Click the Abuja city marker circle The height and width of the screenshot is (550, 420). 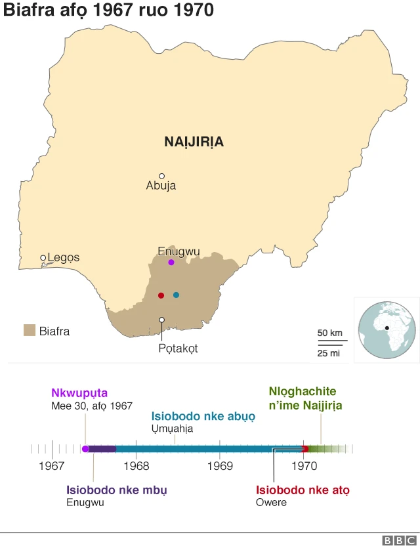tap(161, 176)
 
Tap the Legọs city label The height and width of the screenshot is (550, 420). tap(63, 257)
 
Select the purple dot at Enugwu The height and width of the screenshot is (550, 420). tap(171, 263)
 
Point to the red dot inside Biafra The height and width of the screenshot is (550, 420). tap(161, 295)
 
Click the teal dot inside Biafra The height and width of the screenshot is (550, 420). tap(176, 295)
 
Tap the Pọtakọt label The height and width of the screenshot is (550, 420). tap(178, 349)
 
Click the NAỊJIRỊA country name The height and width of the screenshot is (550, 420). tap(194, 142)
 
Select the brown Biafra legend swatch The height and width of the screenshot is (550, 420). tap(29, 330)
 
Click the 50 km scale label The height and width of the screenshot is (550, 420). tap(330, 333)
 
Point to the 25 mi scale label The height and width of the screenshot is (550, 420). tap(329, 354)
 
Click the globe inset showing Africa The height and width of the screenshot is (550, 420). tap(387, 329)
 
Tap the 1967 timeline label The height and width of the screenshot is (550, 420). tap(52, 466)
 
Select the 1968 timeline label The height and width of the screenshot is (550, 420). tap(136, 466)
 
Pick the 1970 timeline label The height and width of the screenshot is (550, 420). tap(304, 466)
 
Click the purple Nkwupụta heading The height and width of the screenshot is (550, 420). tap(79, 393)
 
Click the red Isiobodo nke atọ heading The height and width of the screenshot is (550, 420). tap(303, 490)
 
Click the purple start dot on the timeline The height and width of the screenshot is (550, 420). tap(85, 449)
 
